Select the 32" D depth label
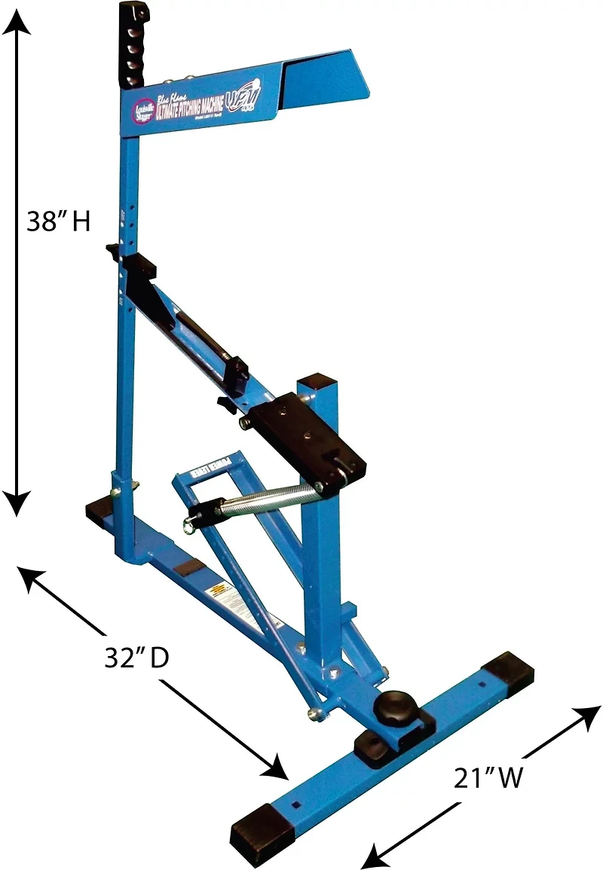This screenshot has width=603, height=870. click(x=136, y=657)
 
